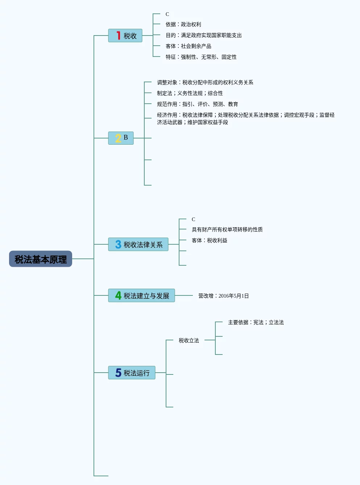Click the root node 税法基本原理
coord(41,259)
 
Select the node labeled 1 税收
coord(125,36)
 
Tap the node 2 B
coord(121,138)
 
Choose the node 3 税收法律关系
coord(138,245)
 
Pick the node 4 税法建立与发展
coord(141,296)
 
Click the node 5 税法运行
coord(132,373)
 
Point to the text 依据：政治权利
coord(183,24)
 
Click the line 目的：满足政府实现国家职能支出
coord(203,35)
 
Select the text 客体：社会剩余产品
coord(188,46)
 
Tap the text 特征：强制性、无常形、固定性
coord(201,57)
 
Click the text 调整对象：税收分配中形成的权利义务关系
coord(205,82)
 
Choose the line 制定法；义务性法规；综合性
coord(190,93)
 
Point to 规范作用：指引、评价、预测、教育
coord(197,104)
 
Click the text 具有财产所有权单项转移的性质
coord(227,229)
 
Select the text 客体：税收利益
coord(209,240)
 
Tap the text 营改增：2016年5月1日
coord(223,296)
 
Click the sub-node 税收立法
coord(189,340)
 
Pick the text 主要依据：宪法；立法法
coord(256,322)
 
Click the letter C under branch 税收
coord(167,14)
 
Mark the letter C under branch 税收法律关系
coord(193,219)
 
